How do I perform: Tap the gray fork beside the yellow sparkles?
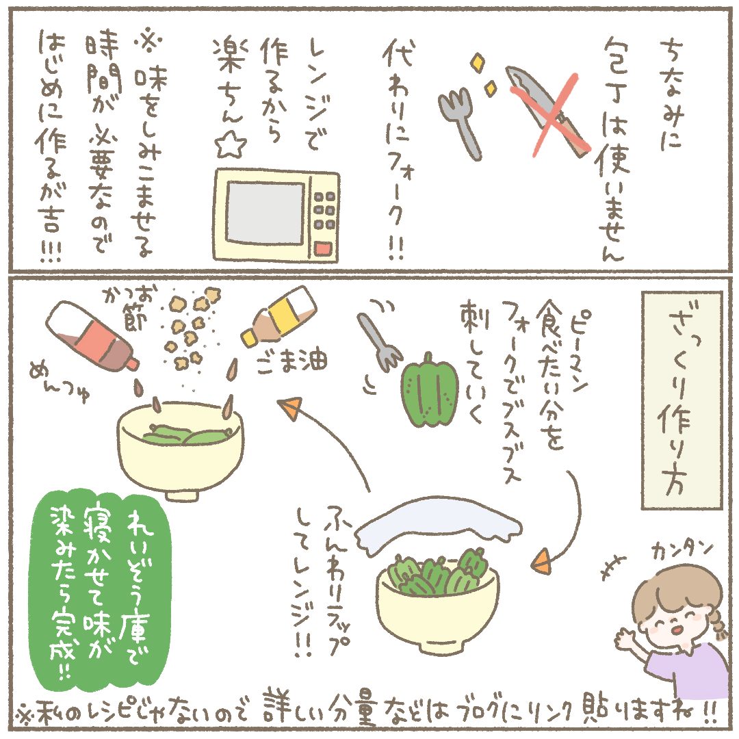(461, 123)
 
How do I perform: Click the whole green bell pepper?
(429, 391)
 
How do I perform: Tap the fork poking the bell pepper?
(379, 341)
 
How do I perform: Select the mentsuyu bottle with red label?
(92, 335)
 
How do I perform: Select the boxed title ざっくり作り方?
(682, 400)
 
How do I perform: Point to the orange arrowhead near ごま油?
(289, 407)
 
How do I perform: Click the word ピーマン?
(580, 350)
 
